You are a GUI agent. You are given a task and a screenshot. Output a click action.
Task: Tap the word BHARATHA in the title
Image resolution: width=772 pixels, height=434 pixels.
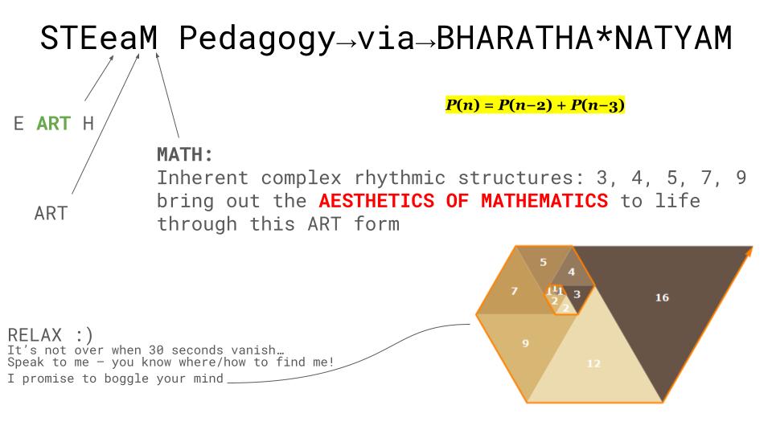(515, 38)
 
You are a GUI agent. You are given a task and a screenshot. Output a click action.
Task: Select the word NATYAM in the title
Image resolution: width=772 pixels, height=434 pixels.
(674, 38)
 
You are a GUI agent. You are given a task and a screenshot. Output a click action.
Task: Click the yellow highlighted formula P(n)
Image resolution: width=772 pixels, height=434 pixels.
(535, 104)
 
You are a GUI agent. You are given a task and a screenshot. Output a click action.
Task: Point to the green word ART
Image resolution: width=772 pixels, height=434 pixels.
(54, 123)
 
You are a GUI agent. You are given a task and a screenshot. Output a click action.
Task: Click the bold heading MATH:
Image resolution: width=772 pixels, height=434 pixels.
(185, 154)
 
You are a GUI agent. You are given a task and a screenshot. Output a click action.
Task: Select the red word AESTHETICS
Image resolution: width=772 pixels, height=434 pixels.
(376, 201)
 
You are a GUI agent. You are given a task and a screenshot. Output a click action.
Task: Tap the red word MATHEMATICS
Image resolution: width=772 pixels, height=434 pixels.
(544, 201)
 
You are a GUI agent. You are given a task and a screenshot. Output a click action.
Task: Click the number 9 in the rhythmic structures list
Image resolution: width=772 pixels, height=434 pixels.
(741, 178)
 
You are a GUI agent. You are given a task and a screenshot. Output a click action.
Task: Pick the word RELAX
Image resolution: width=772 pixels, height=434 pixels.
(35, 335)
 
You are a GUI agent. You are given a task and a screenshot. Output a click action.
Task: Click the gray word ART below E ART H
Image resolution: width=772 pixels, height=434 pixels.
(51, 214)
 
